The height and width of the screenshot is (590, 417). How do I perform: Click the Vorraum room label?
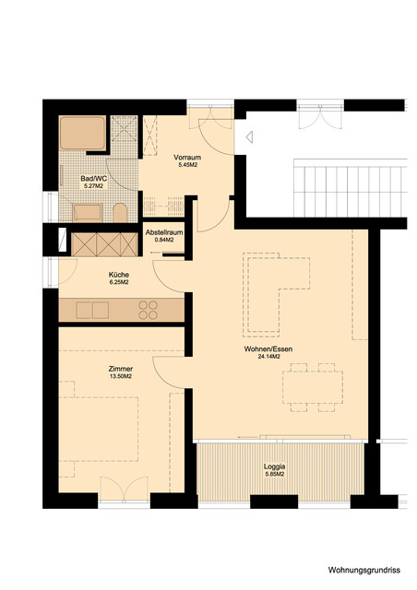[187, 158]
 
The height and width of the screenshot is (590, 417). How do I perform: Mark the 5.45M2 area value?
[187, 165]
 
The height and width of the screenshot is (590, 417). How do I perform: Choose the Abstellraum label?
[164, 233]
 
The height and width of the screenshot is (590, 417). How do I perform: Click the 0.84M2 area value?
[164, 241]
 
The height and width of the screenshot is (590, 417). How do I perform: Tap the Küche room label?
[118, 275]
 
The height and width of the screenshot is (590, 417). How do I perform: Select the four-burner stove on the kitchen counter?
[149, 310]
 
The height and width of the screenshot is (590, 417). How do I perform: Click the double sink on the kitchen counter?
[92, 310]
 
